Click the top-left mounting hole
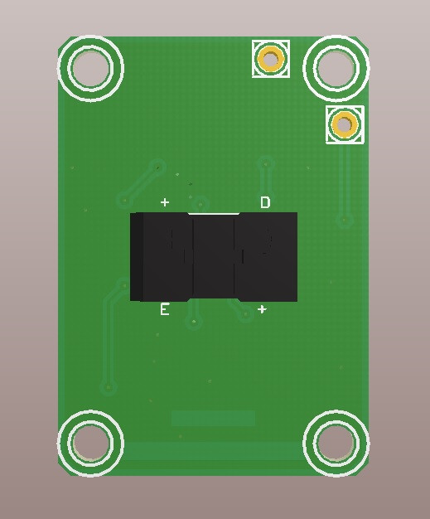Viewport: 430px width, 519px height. (90, 68)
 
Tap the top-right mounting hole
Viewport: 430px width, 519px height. (336, 68)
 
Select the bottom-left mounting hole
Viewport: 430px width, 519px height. (90, 444)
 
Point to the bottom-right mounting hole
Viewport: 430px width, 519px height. (336, 444)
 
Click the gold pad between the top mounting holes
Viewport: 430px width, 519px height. (271, 59)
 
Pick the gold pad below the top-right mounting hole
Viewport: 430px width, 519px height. (345, 125)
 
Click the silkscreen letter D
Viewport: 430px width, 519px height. (265, 202)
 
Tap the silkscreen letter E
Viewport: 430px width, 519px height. (164, 309)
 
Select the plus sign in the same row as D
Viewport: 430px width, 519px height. (165, 202)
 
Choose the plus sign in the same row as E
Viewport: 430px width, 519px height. (262, 309)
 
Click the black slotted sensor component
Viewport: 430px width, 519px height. (214, 257)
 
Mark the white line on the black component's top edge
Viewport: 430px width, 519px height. (213, 214)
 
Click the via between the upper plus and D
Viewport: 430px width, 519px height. (201, 202)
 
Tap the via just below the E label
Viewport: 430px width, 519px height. (194, 322)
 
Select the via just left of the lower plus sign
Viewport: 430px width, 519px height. (244, 313)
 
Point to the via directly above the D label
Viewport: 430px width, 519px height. (265, 163)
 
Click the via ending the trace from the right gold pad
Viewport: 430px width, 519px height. (345, 221)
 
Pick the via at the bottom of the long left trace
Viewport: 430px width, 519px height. (108, 387)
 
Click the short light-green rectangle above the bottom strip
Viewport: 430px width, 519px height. (213, 418)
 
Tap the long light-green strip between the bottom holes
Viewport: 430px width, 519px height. (213, 451)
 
